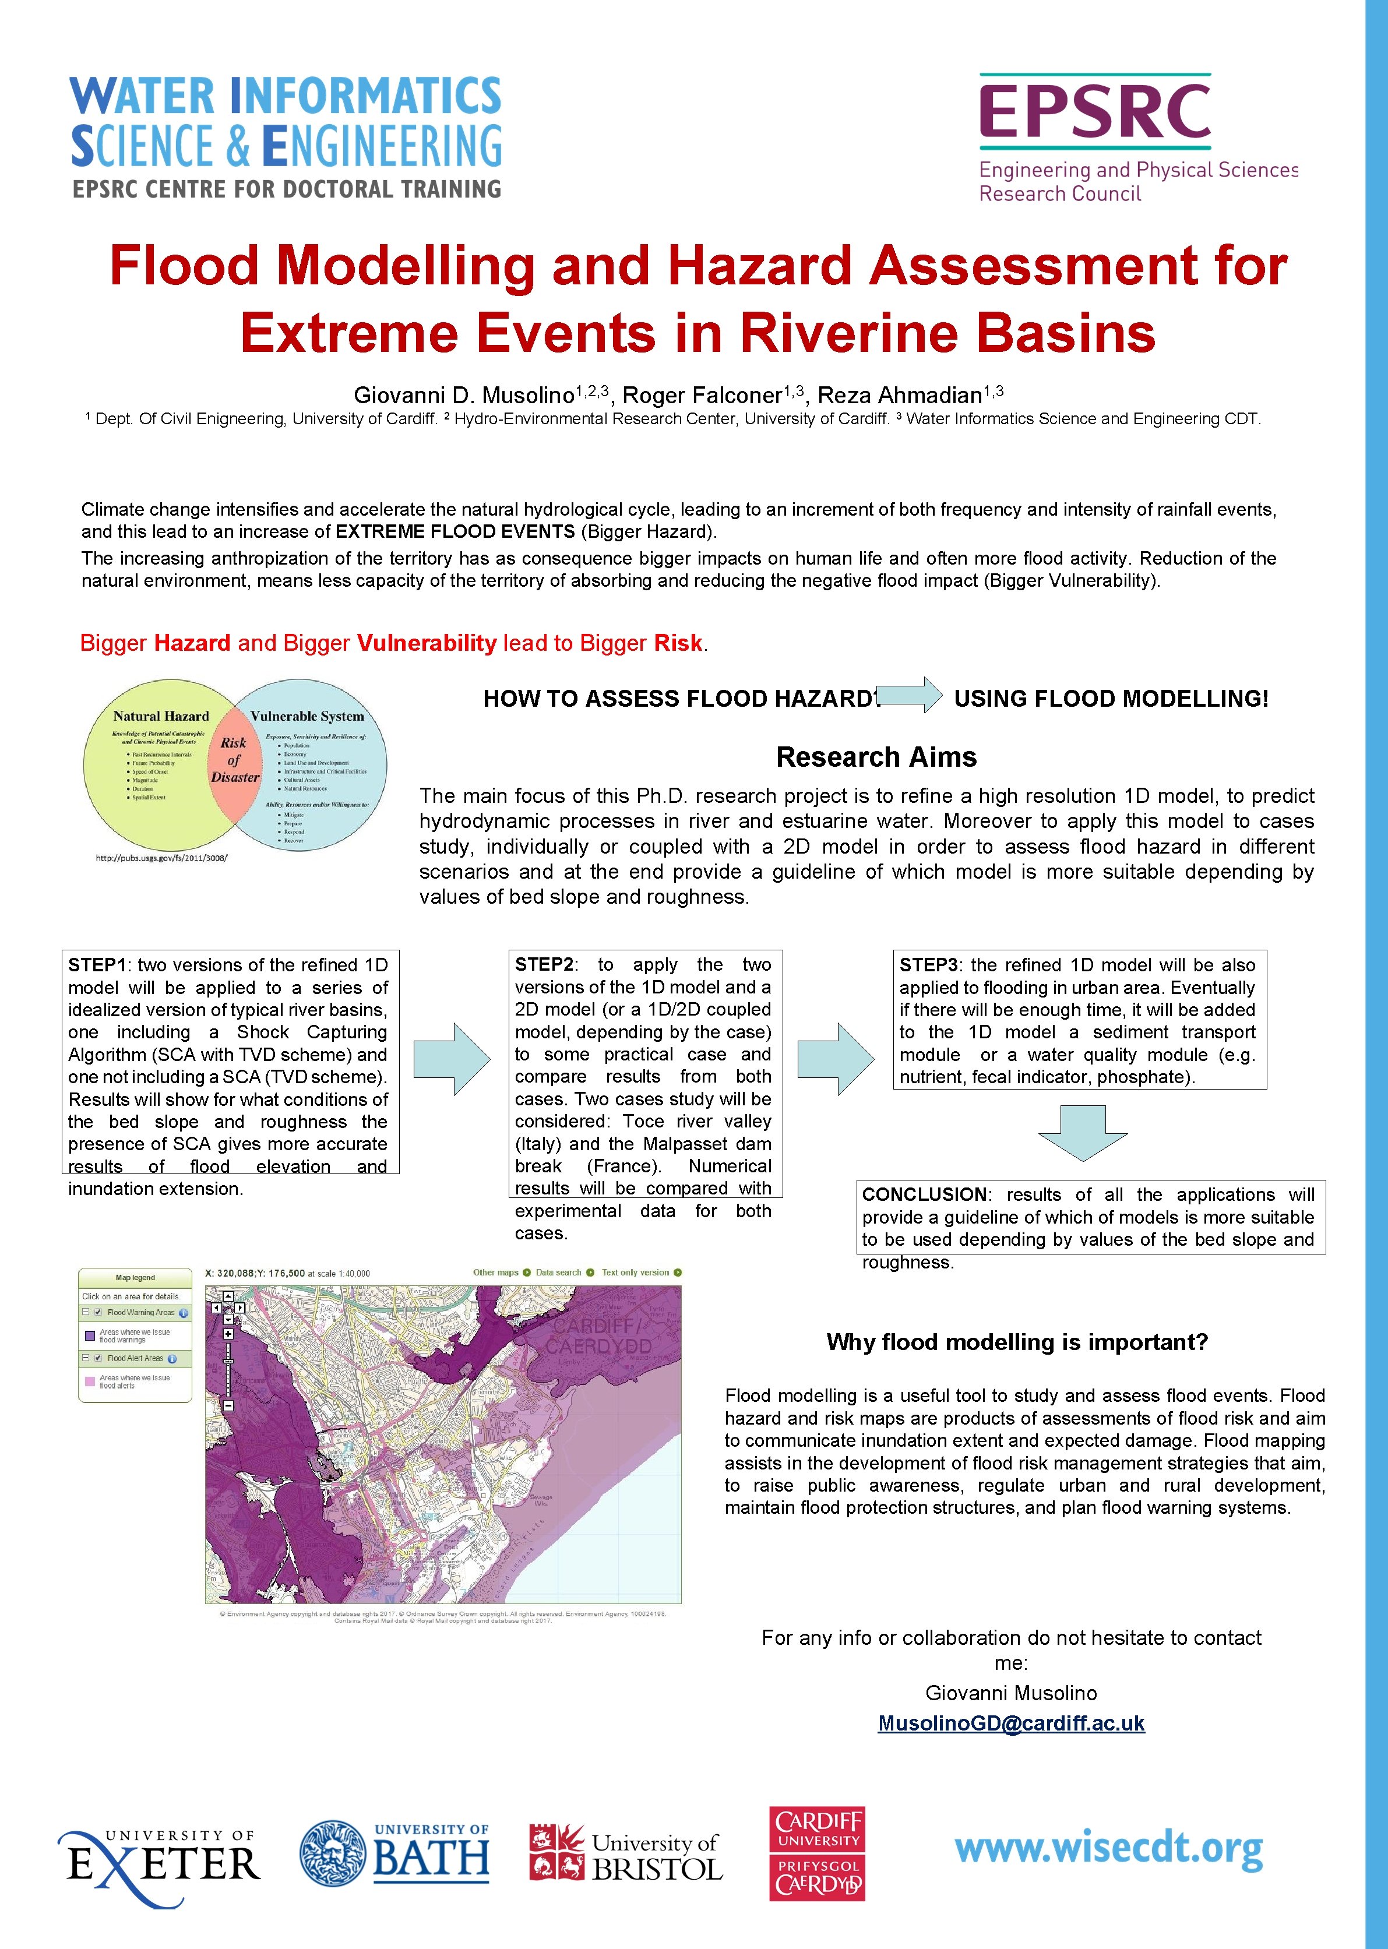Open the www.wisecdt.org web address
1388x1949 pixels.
1108,1849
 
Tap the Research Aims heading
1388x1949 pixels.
876,757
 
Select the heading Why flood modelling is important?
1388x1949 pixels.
1017,1342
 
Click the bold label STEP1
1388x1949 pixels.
97,965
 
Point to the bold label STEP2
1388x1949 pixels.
544,965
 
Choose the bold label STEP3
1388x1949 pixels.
928,965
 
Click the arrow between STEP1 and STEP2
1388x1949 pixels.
452,1059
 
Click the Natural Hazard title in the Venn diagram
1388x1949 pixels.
161,716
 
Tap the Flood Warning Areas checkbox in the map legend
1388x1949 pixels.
98,1312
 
